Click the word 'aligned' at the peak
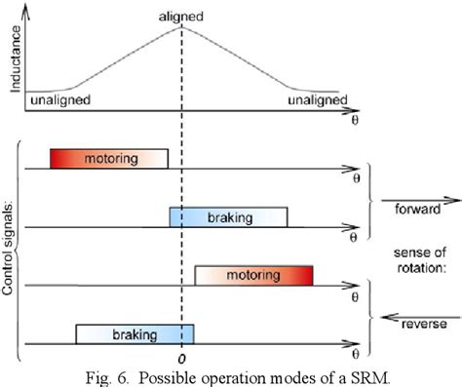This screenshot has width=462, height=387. click(x=182, y=16)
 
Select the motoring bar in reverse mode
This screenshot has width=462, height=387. click(x=253, y=276)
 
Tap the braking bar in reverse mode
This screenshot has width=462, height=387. click(x=135, y=334)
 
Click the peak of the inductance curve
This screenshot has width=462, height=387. click(x=182, y=27)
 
